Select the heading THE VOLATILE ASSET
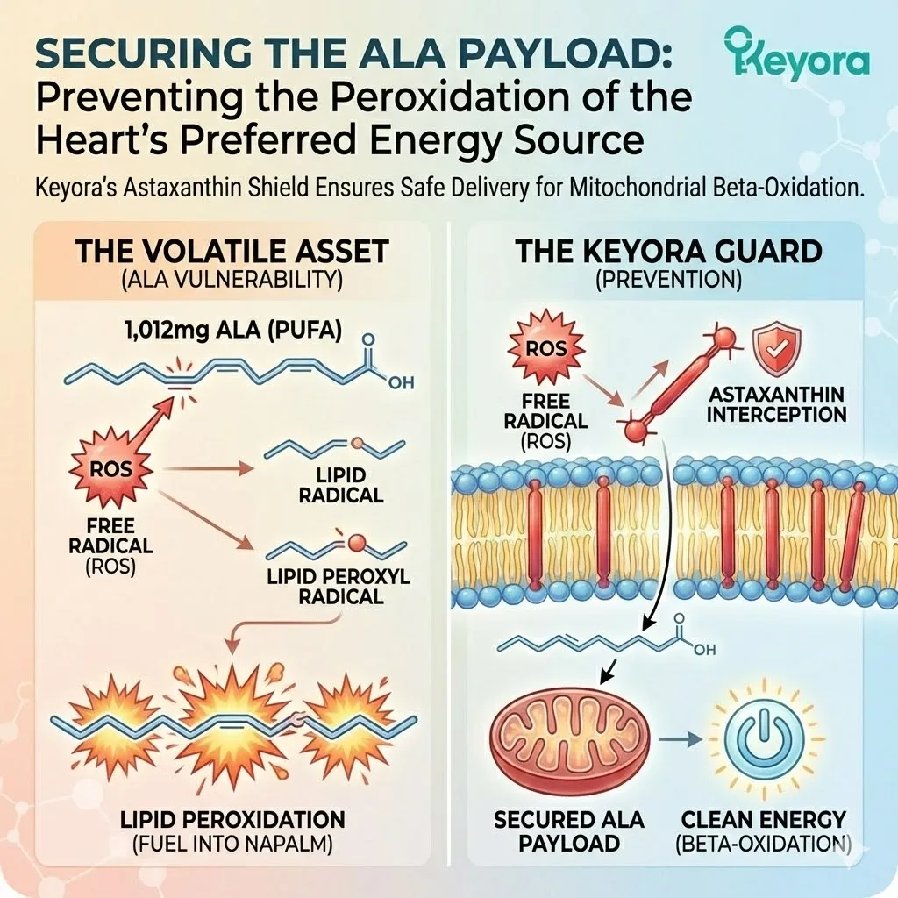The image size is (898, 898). tap(232, 252)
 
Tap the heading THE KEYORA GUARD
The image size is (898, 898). tap(668, 252)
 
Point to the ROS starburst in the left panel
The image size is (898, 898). tap(111, 468)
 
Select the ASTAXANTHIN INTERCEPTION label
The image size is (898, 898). tap(777, 403)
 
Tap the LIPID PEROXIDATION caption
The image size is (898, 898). tap(232, 820)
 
